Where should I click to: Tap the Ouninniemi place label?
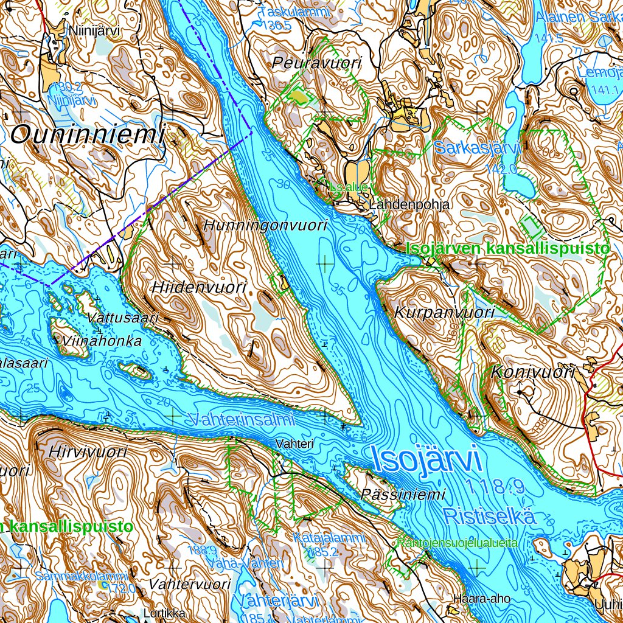click(x=88, y=134)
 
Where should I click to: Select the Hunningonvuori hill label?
click(x=265, y=225)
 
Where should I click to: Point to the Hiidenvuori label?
click(x=199, y=287)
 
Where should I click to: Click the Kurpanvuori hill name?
click(x=444, y=313)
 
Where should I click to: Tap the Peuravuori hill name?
click(x=317, y=63)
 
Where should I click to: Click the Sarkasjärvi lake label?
click(x=478, y=147)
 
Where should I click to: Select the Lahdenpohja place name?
click(x=409, y=205)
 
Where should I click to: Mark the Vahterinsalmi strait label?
click(x=242, y=419)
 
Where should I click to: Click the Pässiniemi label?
click(x=403, y=494)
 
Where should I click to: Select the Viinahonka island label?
click(x=102, y=341)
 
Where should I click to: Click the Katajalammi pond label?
click(x=329, y=538)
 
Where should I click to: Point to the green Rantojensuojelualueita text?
click(x=458, y=542)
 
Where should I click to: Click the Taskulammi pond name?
click(x=294, y=12)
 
